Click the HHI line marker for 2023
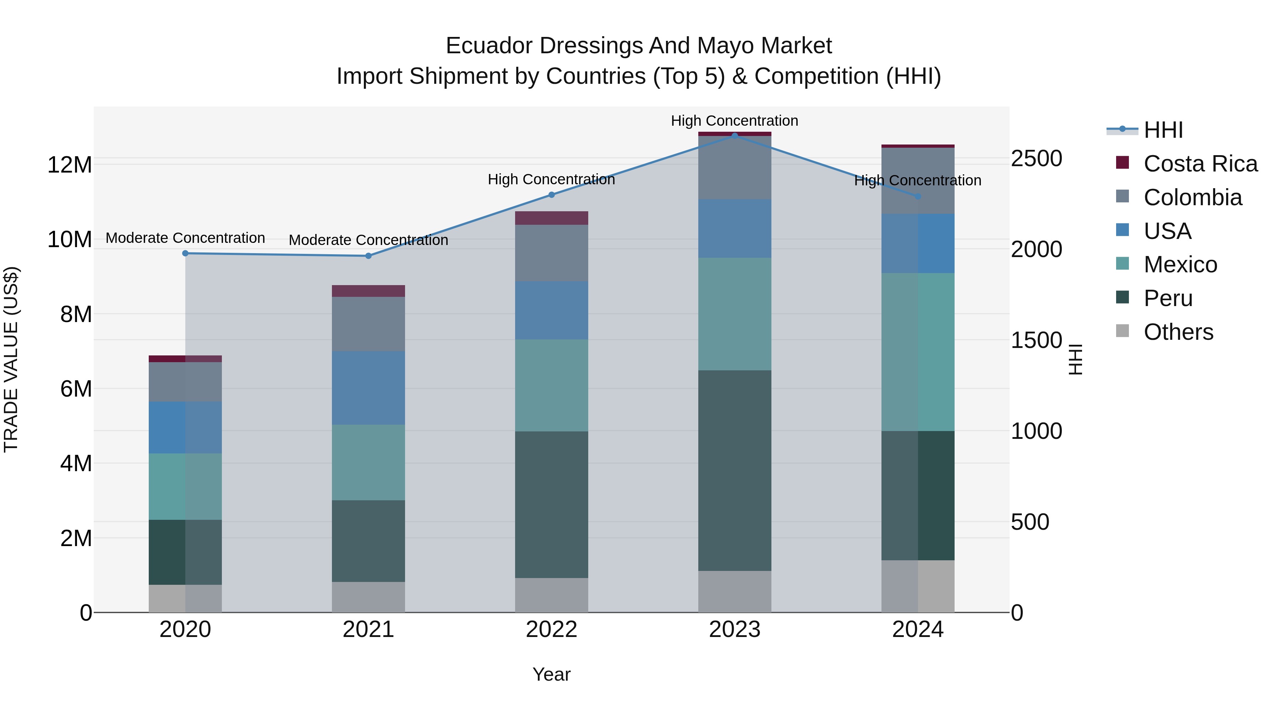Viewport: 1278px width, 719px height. pyautogui.click(x=735, y=136)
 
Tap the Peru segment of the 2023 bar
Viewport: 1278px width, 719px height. pyautogui.click(x=735, y=470)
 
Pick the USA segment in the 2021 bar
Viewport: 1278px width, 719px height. pyautogui.click(x=368, y=388)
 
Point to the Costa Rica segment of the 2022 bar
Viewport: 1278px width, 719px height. pyautogui.click(x=551, y=218)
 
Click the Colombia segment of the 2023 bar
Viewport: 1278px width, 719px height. pyautogui.click(x=735, y=168)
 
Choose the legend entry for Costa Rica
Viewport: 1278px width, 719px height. pyautogui.click(x=1200, y=164)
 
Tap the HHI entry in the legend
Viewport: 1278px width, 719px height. pyautogui.click(x=1163, y=130)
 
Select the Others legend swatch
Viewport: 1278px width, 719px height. pyautogui.click(x=1122, y=331)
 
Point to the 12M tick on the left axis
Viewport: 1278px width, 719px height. pyautogui.click(x=70, y=165)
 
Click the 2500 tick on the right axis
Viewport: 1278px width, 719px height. pyautogui.click(x=1036, y=159)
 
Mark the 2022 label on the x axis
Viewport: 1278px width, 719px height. pyautogui.click(x=551, y=630)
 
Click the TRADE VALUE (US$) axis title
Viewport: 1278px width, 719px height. pyautogui.click(x=11, y=359)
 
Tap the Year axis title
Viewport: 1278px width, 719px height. pyautogui.click(x=551, y=674)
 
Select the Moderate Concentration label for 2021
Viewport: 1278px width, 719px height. pyautogui.click(x=368, y=240)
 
